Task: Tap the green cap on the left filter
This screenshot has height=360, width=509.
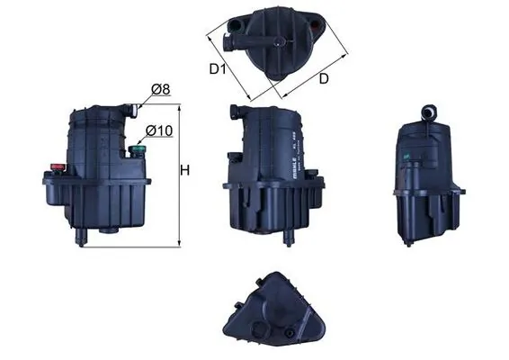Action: tap(138, 147)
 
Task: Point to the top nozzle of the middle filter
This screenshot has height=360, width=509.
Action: tap(233, 114)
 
